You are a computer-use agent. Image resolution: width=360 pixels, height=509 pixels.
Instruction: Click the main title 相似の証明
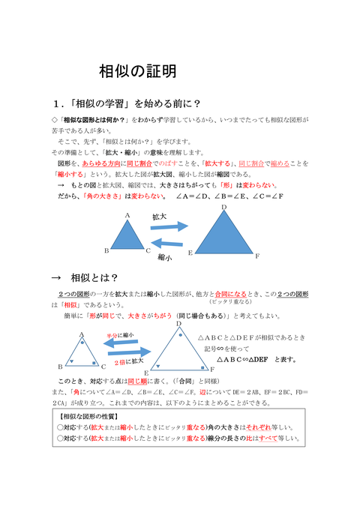coord(138,73)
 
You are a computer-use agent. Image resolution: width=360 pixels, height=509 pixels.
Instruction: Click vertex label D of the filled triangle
coord(223,207)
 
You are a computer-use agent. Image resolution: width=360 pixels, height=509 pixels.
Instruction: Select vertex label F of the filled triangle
coord(257,256)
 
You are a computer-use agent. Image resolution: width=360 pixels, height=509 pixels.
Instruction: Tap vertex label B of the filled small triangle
coord(106,251)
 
